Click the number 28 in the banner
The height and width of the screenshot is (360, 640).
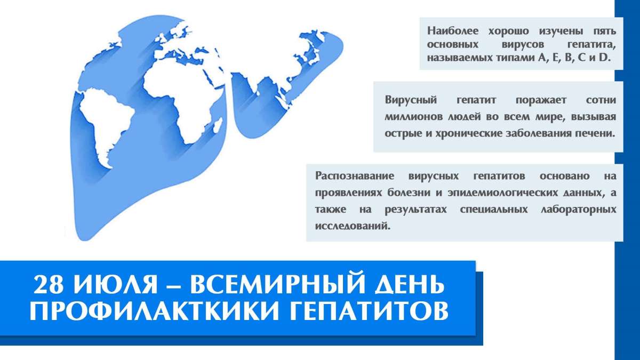pos(48,284)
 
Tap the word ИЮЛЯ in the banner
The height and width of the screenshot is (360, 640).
pos(115,284)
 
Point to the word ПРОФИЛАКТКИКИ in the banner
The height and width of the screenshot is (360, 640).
pos(154,310)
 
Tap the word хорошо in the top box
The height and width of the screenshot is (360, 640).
pos(508,31)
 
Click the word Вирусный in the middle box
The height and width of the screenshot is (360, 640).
pos(411,100)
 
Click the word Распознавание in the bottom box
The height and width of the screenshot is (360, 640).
pos(355,176)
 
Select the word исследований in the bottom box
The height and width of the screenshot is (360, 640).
pos(353,226)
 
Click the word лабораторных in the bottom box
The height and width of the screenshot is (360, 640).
pos(578,210)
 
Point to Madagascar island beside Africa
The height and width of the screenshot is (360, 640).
pos(218,126)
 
